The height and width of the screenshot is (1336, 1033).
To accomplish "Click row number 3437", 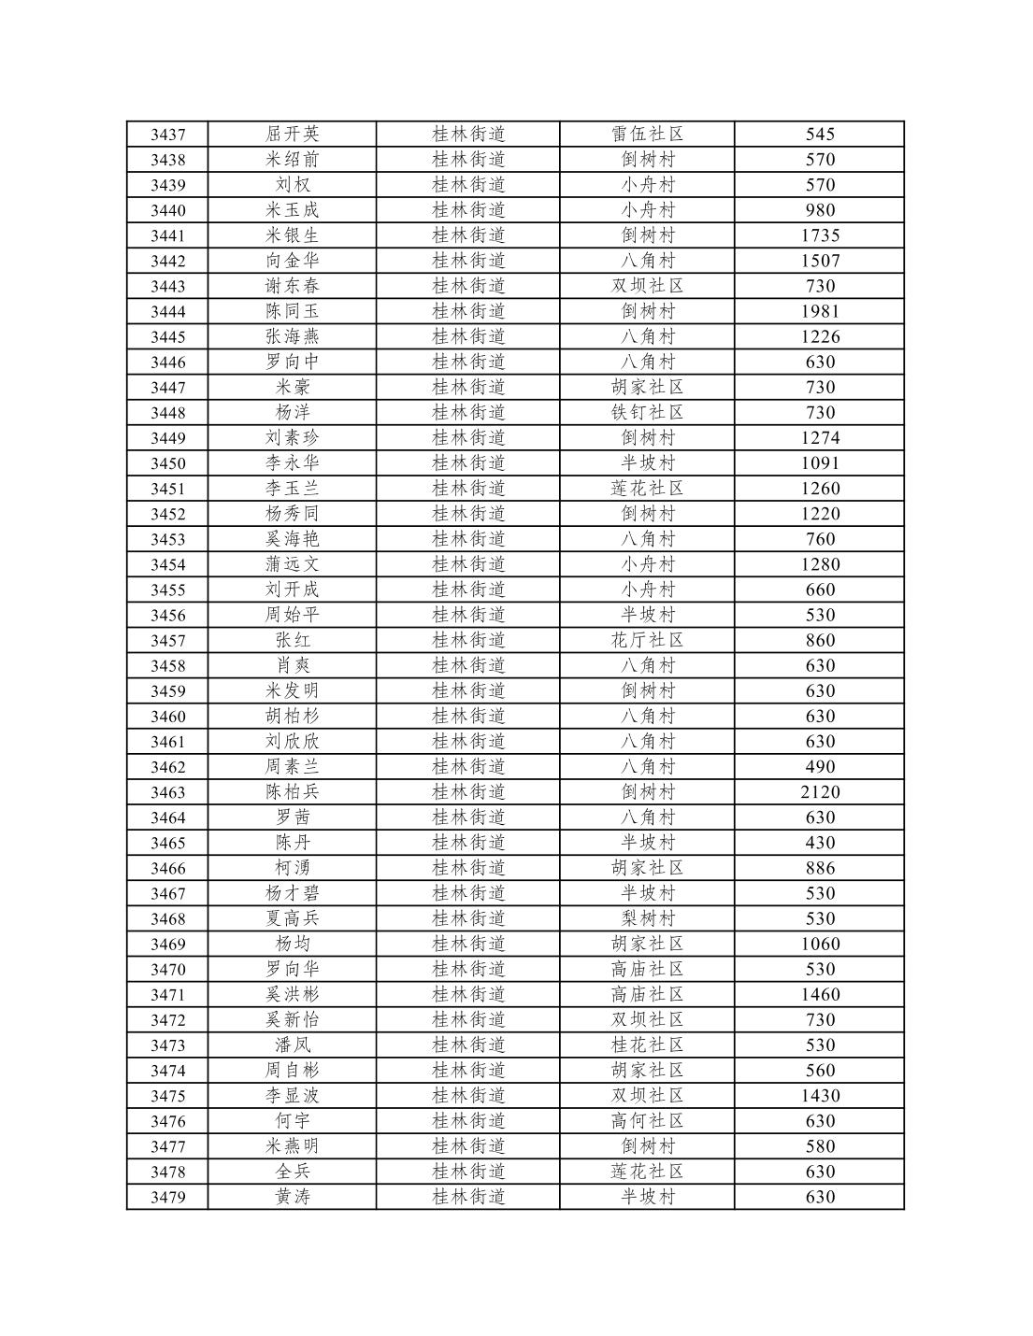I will (168, 135).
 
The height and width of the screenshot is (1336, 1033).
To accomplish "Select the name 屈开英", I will (292, 135).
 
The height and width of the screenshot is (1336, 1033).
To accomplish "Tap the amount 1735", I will (820, 235).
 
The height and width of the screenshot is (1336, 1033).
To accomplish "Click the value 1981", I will (820, 311).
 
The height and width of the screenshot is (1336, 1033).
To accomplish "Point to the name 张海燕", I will (292, 336).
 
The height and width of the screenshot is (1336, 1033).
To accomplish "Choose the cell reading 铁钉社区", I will (647, 412).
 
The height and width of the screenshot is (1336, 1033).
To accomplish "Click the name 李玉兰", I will (292, 488).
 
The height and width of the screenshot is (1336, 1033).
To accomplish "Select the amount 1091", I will (820, 462).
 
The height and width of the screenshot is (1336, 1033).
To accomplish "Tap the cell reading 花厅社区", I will (647, 640).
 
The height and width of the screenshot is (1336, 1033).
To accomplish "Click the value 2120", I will (820, 791).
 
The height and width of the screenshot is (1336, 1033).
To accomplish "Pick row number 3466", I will (168, 868).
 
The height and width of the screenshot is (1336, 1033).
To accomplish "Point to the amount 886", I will (820, 868).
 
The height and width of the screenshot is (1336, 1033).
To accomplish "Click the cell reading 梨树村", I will (647, 918).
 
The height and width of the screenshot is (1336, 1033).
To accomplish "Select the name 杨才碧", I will (292, 893).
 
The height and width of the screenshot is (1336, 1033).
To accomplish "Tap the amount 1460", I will (820, 994).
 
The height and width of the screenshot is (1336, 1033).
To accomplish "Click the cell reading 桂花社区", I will (647, 1045).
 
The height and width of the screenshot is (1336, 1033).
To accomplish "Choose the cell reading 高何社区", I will (647, 1120).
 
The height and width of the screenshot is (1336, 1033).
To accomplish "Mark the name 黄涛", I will (292, 1197).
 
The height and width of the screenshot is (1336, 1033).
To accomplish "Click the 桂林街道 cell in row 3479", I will (468, 1197).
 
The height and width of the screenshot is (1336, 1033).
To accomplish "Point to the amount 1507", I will (820, 261).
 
